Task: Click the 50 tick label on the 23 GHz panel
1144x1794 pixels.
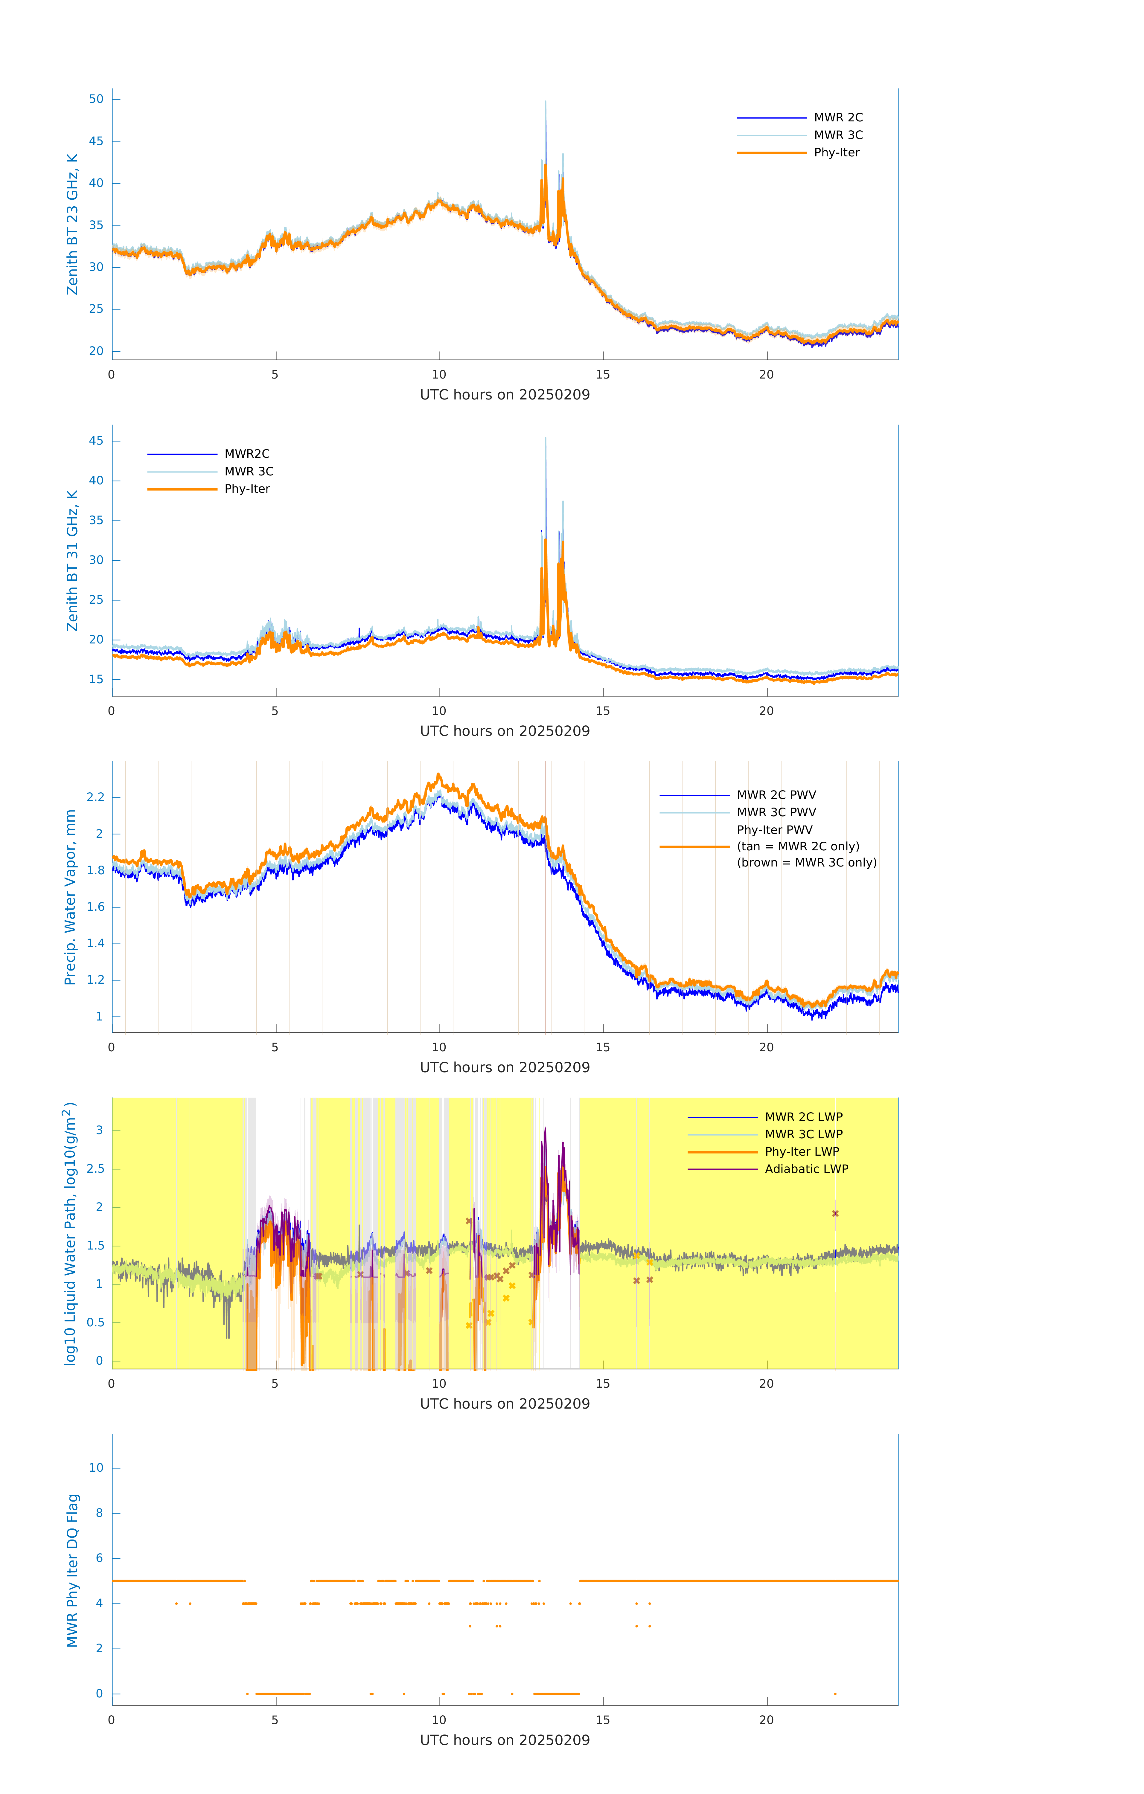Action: coord(96,99)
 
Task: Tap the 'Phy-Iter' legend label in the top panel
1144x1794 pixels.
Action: coord(836,153)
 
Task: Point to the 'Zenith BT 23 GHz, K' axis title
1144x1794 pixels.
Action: coord(72,224)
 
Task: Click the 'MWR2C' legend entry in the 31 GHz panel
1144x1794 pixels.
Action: coord(247,454)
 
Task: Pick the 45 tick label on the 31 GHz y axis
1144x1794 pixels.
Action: coord(96,441)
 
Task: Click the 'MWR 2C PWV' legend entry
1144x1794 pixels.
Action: coord(776,795)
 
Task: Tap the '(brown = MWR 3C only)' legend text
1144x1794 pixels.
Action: coord(806,863)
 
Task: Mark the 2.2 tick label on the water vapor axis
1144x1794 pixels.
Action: coord(95,797)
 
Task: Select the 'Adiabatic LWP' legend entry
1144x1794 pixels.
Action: coord(806,1169)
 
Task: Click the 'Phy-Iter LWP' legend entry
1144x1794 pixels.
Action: coord(802,1152)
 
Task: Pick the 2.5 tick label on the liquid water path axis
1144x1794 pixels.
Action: coord(95,1169)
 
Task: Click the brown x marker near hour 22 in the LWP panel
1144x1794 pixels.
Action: coord(835,1214)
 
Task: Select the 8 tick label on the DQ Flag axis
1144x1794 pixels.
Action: coord(99,1513)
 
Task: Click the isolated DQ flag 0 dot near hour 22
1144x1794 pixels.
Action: coord(835,1694)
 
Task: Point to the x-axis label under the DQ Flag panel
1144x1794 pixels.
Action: coord(505,1740)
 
